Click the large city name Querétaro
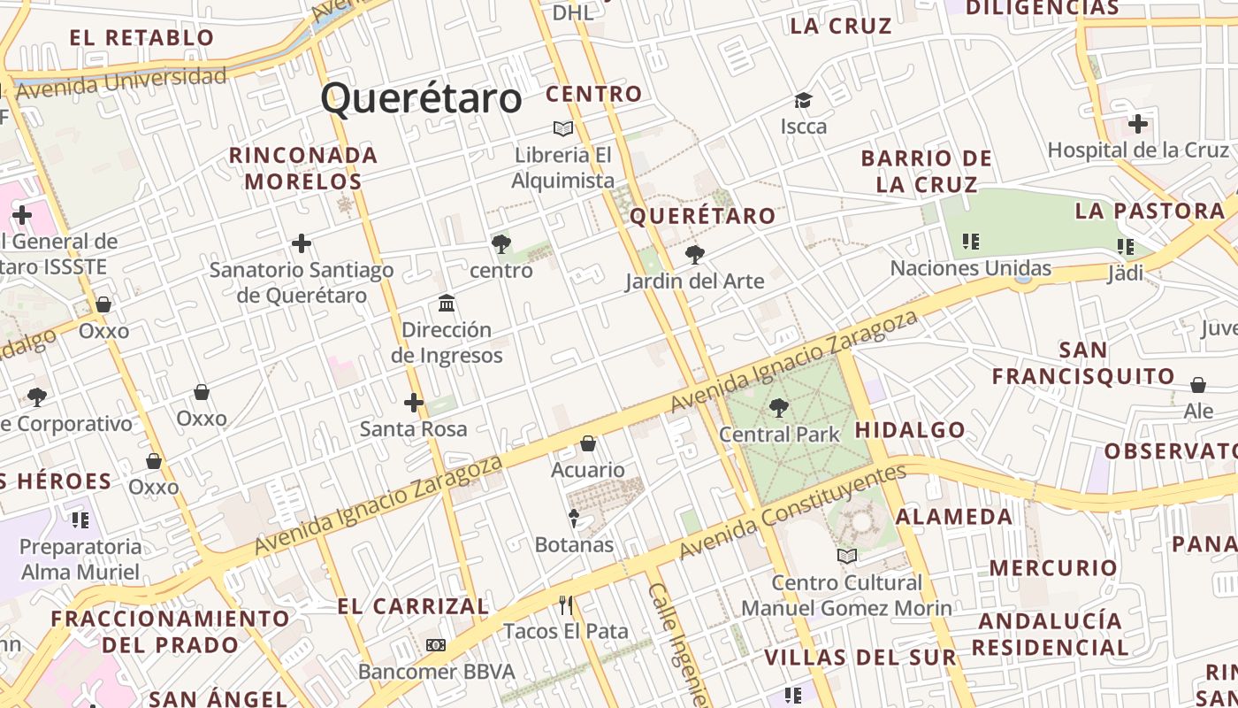click(x=421, y=98)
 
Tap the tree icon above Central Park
click(x=778, y=408)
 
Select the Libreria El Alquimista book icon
click(x=563, y=129)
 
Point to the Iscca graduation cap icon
click(x=803, y=101)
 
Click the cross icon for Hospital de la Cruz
click(x=1137, y=124)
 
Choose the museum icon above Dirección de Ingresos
click(x=447, y=304)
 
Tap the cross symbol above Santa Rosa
click(x=413, y=403)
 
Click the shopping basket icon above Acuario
click(x=588, y=443)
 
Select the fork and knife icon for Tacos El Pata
click(x=566, y=605)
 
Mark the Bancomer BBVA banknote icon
click(x=436, y=645)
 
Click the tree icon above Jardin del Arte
click(x=695, y=256)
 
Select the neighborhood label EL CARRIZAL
click(x=413, y=606)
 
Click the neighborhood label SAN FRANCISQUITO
click(x=1083, y=363)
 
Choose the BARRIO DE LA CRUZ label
click(x=927, y=172)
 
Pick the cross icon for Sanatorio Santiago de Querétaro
click(x=302, y=243)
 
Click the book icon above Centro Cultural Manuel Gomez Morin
click(x=847, y=556)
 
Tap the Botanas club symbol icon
click(x=574, y=518)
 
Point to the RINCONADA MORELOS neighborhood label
click(x=303, y=168)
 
